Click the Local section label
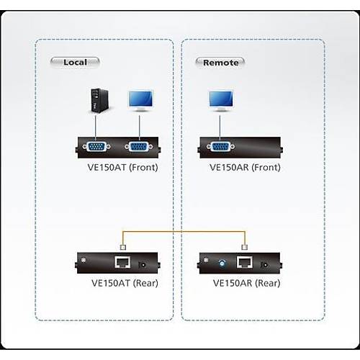coord(74,62)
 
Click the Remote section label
coord(220,62)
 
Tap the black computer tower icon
coord(96,101)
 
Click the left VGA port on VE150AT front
coord(96,147)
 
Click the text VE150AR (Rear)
coord(243,282)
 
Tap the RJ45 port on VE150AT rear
coord(122,262)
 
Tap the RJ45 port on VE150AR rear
coord(246,262)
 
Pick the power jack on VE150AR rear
coord(269,264)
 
